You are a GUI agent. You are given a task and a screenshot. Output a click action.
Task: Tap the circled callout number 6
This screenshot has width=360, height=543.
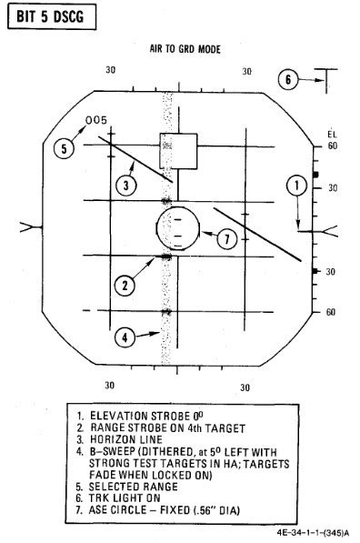pyautogui.click(x=287, y=80)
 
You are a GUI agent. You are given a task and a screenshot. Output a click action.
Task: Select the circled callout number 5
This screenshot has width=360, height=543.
pyautogui.click(x=64, y=149)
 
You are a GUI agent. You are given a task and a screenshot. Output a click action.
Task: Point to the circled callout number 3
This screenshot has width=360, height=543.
pyautogui.click(x=127, y=186)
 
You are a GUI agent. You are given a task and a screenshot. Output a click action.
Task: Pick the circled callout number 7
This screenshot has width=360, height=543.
pyautogui.click(x=228, y=238)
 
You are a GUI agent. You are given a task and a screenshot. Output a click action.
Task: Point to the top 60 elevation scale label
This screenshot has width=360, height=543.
pyautogui.click(x=332, y=146)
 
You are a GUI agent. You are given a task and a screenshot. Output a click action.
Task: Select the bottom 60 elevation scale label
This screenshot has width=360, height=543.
pyautogui.click(x=332, y=312)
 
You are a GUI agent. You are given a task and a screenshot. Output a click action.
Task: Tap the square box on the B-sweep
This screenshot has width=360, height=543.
pyautogui.click(x=177, y=150)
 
